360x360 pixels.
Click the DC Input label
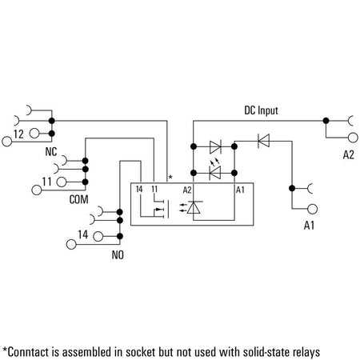point(261,110)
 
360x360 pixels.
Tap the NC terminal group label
point(51,152)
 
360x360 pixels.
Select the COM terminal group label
point(78,199)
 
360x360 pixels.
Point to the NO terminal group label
point(118,255)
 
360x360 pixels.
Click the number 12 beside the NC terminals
point(18,134)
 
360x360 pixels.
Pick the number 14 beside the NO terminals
point(82,234)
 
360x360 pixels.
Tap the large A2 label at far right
point(348,155)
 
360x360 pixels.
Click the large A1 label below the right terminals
point(309,226)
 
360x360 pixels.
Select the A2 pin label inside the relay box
point(187,190)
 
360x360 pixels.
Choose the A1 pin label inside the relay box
point(240,190)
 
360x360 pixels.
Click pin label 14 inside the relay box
point(139,190)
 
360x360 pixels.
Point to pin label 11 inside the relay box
point(154,190)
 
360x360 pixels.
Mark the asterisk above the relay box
point(170,177)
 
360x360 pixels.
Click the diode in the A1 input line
point(263,141)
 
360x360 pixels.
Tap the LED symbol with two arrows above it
point(215,170)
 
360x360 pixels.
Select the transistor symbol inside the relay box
point(161,209)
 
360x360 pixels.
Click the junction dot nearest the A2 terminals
point(326,121)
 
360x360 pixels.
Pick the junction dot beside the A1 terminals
point(292,188)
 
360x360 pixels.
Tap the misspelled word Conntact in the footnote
point(26,352)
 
